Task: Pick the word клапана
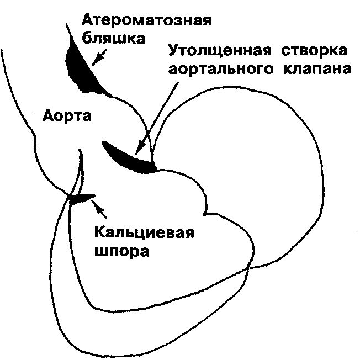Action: coord(322,70)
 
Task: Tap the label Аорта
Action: coord(67,118)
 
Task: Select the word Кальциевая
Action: coord(145,231)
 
